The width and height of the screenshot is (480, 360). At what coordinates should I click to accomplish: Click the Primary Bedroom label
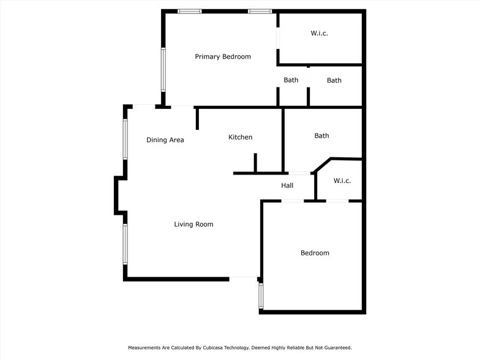click(223, 57)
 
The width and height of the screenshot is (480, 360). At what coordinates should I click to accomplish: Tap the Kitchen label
click(240, 137)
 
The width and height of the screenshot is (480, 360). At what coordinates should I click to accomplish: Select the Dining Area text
click(165, 140)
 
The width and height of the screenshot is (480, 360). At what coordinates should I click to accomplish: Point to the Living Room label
click(193, 225)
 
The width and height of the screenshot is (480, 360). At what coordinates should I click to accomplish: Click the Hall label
click(287, 186)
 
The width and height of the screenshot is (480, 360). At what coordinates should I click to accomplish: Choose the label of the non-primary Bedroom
click(314, 253)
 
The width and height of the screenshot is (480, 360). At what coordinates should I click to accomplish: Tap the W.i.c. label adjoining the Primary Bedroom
click(318, 33)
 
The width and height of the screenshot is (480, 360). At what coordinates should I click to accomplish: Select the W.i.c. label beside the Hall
click(342, 181)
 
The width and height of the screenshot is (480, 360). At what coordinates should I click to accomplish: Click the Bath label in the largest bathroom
click(321, 136)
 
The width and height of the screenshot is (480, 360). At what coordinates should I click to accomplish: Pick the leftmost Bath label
click(291, 80)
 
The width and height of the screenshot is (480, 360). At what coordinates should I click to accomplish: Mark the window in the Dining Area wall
click(126, 139)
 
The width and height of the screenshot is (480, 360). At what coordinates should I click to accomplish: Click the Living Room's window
click(126, 244)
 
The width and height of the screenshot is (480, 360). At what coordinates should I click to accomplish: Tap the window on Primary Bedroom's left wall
click(163, 69)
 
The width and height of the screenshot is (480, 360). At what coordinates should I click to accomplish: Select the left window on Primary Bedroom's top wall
click(190, 11)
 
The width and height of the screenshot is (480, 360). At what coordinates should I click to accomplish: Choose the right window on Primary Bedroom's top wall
click(260, 11)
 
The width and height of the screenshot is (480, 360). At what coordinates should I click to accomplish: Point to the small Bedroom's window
click(261, 296)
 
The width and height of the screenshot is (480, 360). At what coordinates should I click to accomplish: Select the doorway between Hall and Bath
click(299, 174)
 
